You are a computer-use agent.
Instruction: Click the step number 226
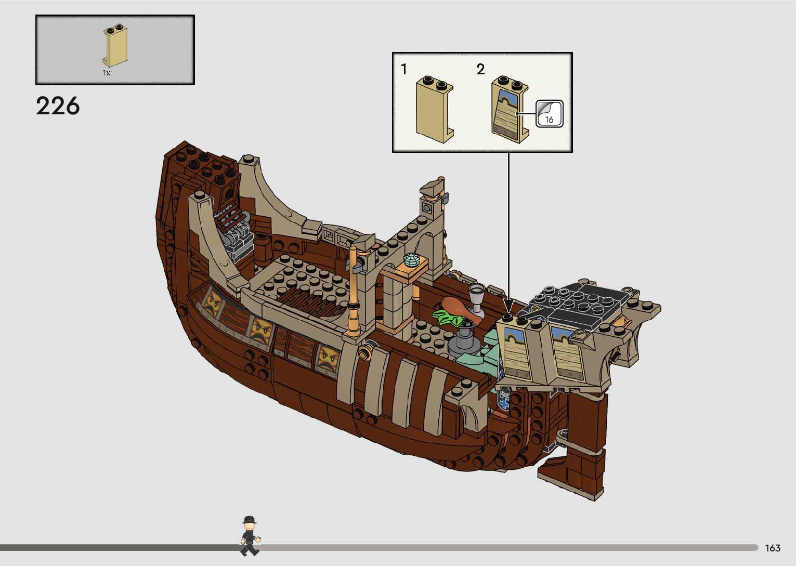pyautogui.click(x=58, y=106)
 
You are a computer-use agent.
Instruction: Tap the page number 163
pyautogui.click(x=773, y=548)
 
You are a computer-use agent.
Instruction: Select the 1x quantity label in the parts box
pyautogui.click(x=106, y=73)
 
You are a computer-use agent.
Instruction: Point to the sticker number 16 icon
pyautogui.click(x=549, y=114)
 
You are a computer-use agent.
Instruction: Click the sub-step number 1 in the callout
pyautogui.click(x=404, y=69)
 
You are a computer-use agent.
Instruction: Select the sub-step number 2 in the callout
pyautogui.click(x=480, y=69)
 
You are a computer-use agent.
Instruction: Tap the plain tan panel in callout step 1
pyautogui.click(x=434, y=109)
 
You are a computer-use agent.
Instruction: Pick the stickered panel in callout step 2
pyautogui.click(x=510, y=109)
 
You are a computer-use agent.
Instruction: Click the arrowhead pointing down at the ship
pyautogui.click(x=508, y=303)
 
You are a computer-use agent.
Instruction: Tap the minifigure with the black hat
pyautogui.click(x=250, y=536)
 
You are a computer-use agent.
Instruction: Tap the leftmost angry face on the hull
pyautogui.click(x=212, y=302)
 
